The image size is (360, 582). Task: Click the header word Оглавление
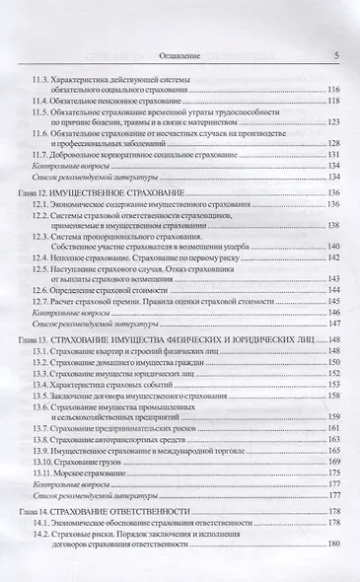(181, 56)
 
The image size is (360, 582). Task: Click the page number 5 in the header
(337, 56)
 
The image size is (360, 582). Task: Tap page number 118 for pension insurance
(333, 101)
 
